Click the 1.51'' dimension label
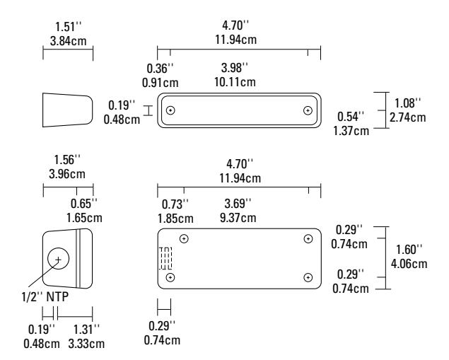68,27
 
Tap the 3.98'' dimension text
235,68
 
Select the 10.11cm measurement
235,82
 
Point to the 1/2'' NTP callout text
45,297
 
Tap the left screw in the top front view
170,110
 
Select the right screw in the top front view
308,110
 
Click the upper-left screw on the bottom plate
184,238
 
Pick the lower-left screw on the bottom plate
170,277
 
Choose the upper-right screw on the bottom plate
308,238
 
